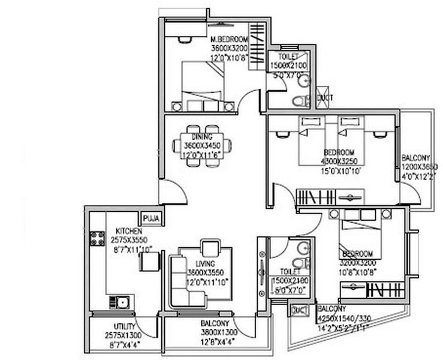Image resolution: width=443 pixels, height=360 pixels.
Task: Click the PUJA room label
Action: (151, 218)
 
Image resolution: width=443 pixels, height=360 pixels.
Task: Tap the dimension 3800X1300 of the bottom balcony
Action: (219, 332)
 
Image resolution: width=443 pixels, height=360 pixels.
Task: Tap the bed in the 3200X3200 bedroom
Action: (358, 235)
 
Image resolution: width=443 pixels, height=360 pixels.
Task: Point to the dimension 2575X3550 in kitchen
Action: (129, 239)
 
